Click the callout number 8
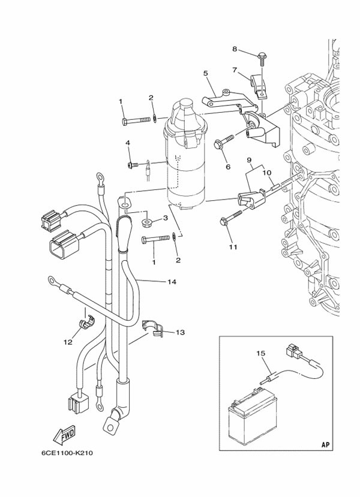pyautogui.click(x=235, y=49)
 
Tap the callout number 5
pyautogui.click(x=205, y=73)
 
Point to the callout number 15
pyautogui.click(x=261, y=354)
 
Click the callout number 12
pyautogui.click(x=68, y=342)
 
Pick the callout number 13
pyautogui.click(x=181, y=332)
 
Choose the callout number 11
pyautogui.click(x=232, y=247)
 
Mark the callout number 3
pyautogui.click(x=165, y=219)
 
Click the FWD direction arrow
pyautogui.click(x=64, y=433)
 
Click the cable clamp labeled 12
pyautogui.click(x=82, y=324)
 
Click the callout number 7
pyautogui.click(x=235, y=70)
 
